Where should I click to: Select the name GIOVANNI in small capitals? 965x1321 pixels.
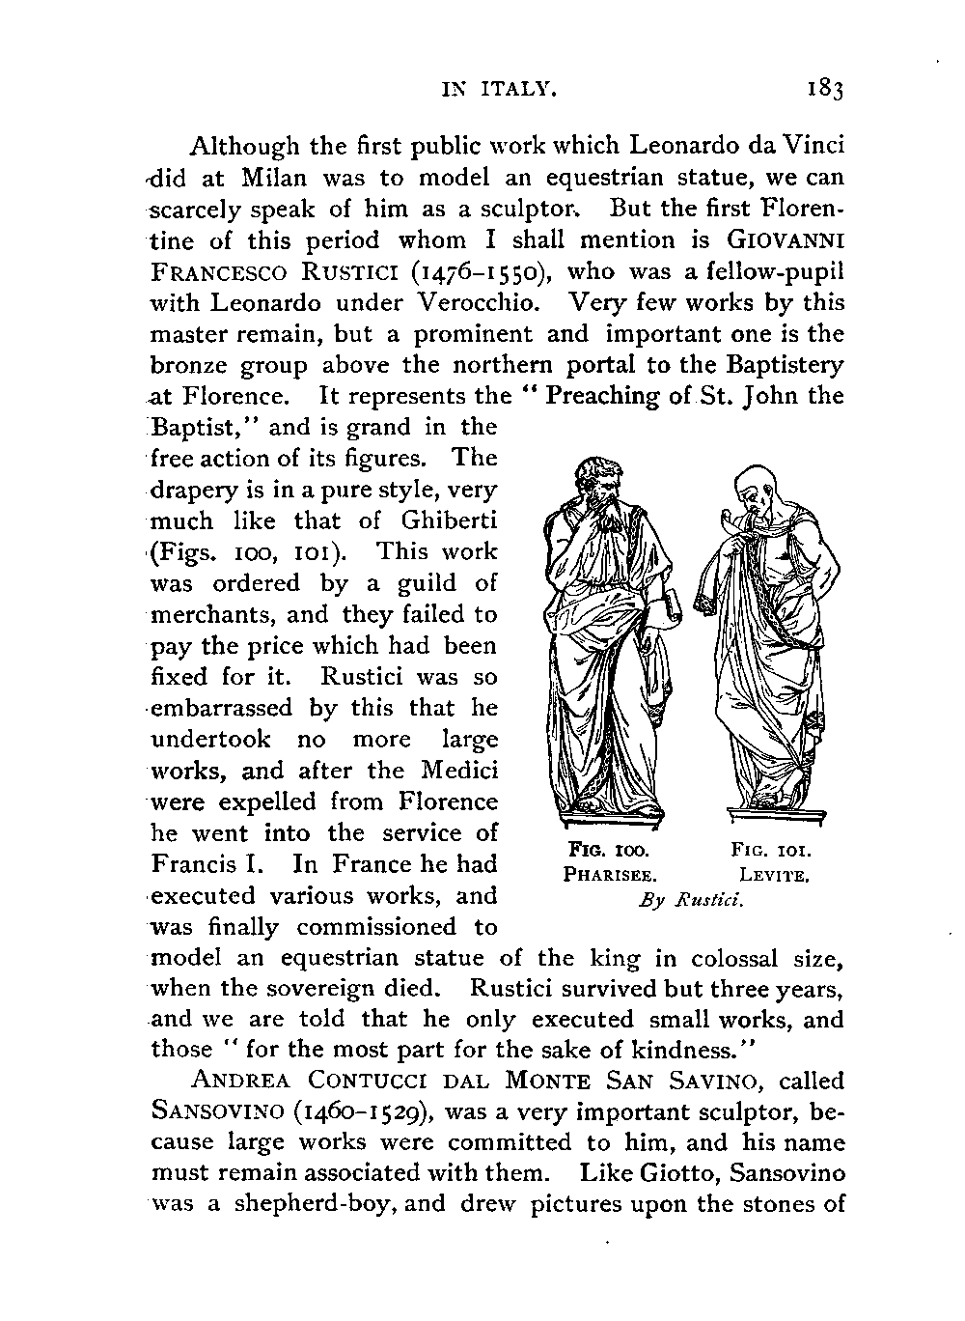point(786,239)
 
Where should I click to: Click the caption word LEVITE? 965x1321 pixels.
point(773,876)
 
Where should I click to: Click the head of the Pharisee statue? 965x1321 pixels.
point(600,483)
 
